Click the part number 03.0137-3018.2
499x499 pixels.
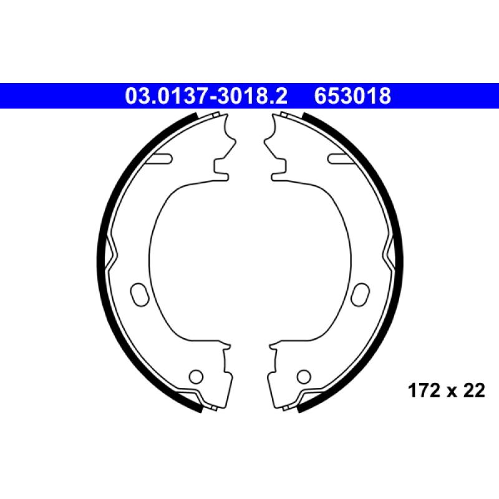[x=206, y=97]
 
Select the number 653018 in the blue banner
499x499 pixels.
[x=353, y=97]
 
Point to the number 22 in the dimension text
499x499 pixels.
[x=474, y=390]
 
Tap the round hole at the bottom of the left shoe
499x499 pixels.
[x=195, y=376]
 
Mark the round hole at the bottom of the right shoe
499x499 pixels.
[x=303, y=376]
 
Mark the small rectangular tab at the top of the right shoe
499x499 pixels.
[x=284, y=115]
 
